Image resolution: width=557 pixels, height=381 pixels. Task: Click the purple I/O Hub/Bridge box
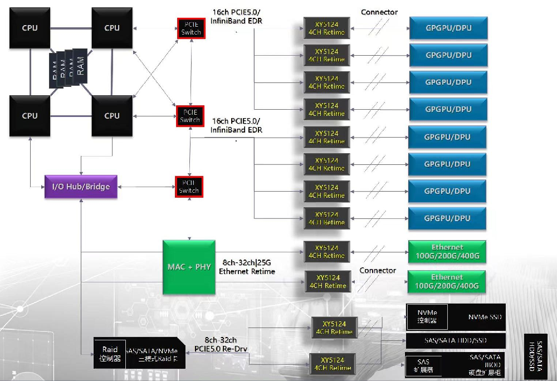coord(81,187)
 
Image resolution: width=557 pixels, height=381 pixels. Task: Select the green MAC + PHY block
coord(189,267)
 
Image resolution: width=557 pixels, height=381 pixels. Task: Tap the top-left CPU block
coord(30,28)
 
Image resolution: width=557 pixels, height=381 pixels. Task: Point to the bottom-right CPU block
coord(112,116)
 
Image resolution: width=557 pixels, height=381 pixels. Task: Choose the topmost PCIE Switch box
coord(191,29)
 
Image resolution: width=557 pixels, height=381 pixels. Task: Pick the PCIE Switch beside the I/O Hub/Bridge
coord(189,187)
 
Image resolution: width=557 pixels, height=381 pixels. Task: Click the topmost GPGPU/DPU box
coord(448,28)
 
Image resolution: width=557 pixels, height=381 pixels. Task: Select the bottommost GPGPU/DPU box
coord(447,218)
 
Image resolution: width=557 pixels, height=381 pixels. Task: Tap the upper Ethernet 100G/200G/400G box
coord(447,252)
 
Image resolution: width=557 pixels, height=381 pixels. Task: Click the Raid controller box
coord(109,354)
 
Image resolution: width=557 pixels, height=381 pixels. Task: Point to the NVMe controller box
coord(427,317)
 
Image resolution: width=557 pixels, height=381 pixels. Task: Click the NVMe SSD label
coord(485,317)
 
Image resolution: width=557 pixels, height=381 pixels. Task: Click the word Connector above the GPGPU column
coord(379,12)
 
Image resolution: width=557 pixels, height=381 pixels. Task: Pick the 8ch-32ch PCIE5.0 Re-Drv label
coord(221,344)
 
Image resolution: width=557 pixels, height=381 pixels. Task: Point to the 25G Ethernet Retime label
coord(247,267)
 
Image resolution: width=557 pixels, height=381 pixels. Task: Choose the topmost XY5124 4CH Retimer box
coord(326,28)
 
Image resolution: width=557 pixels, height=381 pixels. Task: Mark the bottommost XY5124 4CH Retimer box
coord(333,364)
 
